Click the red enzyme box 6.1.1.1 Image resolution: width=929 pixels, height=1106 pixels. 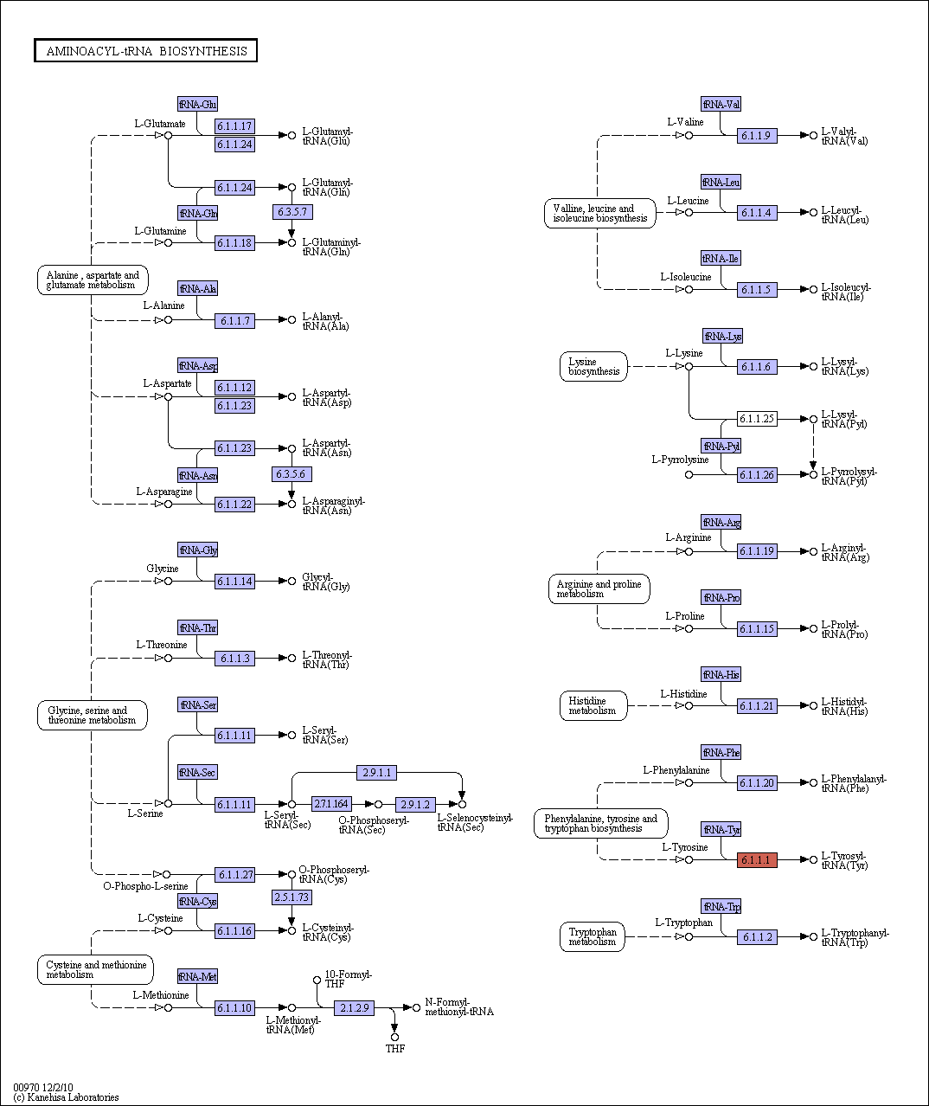coord(757,859)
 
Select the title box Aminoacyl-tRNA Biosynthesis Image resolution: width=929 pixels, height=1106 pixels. coord(145,51)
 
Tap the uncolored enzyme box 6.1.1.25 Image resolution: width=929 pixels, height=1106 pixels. coord(757,419)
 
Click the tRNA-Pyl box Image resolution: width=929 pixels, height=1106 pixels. coord(721,446)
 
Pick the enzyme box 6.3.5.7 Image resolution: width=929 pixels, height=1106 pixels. coord(292,212)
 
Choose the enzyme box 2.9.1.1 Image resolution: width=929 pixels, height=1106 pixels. coord(376,772)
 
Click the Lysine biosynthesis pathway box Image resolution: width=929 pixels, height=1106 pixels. coord(593,367)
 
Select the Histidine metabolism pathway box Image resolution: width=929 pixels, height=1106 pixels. coord(593,705)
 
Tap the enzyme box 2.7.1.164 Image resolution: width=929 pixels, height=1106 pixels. coord(331,804)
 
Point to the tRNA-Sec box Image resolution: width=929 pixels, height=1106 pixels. coord(197,772)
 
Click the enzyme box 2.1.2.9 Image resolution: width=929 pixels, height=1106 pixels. coord(354,1007)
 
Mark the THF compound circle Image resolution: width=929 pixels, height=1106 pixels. coord(394,1037)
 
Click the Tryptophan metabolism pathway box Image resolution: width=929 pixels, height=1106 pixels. coord(592,936)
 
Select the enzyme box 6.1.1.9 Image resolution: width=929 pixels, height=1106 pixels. coord(757,136)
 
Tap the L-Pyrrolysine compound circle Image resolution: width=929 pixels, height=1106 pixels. coord(689,474)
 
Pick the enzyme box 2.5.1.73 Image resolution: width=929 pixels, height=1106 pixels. coord(292,897)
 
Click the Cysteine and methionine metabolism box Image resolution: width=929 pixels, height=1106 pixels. coord(95,970)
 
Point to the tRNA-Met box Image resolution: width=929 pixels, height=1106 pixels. coord(197,976)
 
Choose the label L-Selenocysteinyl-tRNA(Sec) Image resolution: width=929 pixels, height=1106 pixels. coord(475,823)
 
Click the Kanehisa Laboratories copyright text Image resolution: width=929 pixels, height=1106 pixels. coord(66,1097)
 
